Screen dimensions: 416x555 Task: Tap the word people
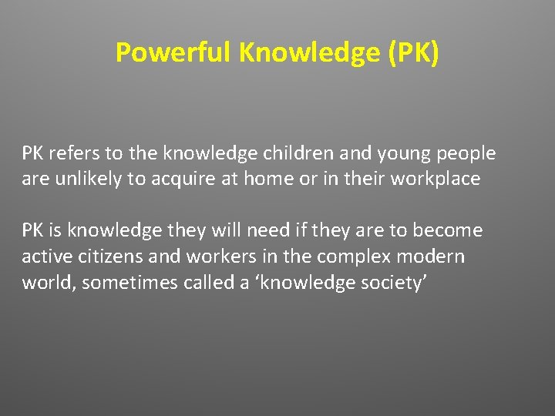click(x=466, y=154)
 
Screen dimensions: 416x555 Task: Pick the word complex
click(x=359, y=257)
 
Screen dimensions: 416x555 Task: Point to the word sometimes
click(x=129, y=283)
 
